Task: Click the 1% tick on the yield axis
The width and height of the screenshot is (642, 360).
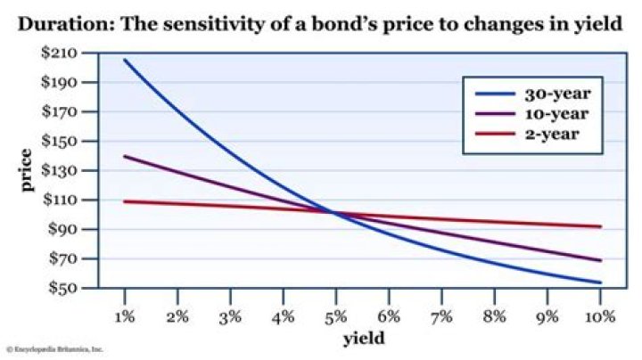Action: (125, 317)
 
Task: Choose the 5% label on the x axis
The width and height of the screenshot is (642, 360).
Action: (336, 317)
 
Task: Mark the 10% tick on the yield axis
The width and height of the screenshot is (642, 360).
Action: (600, 317)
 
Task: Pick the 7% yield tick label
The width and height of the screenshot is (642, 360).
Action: (442, 317)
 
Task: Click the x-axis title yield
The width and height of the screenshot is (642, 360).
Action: (364, 340)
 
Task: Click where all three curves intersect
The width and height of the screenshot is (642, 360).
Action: (332, 212)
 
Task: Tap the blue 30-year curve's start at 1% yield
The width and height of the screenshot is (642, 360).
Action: (125, 60)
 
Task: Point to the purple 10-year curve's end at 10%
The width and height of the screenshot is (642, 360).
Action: (601, 260)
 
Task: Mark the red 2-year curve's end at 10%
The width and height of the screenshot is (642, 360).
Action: (601, 226)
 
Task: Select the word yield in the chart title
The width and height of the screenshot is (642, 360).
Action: (599, 24)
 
